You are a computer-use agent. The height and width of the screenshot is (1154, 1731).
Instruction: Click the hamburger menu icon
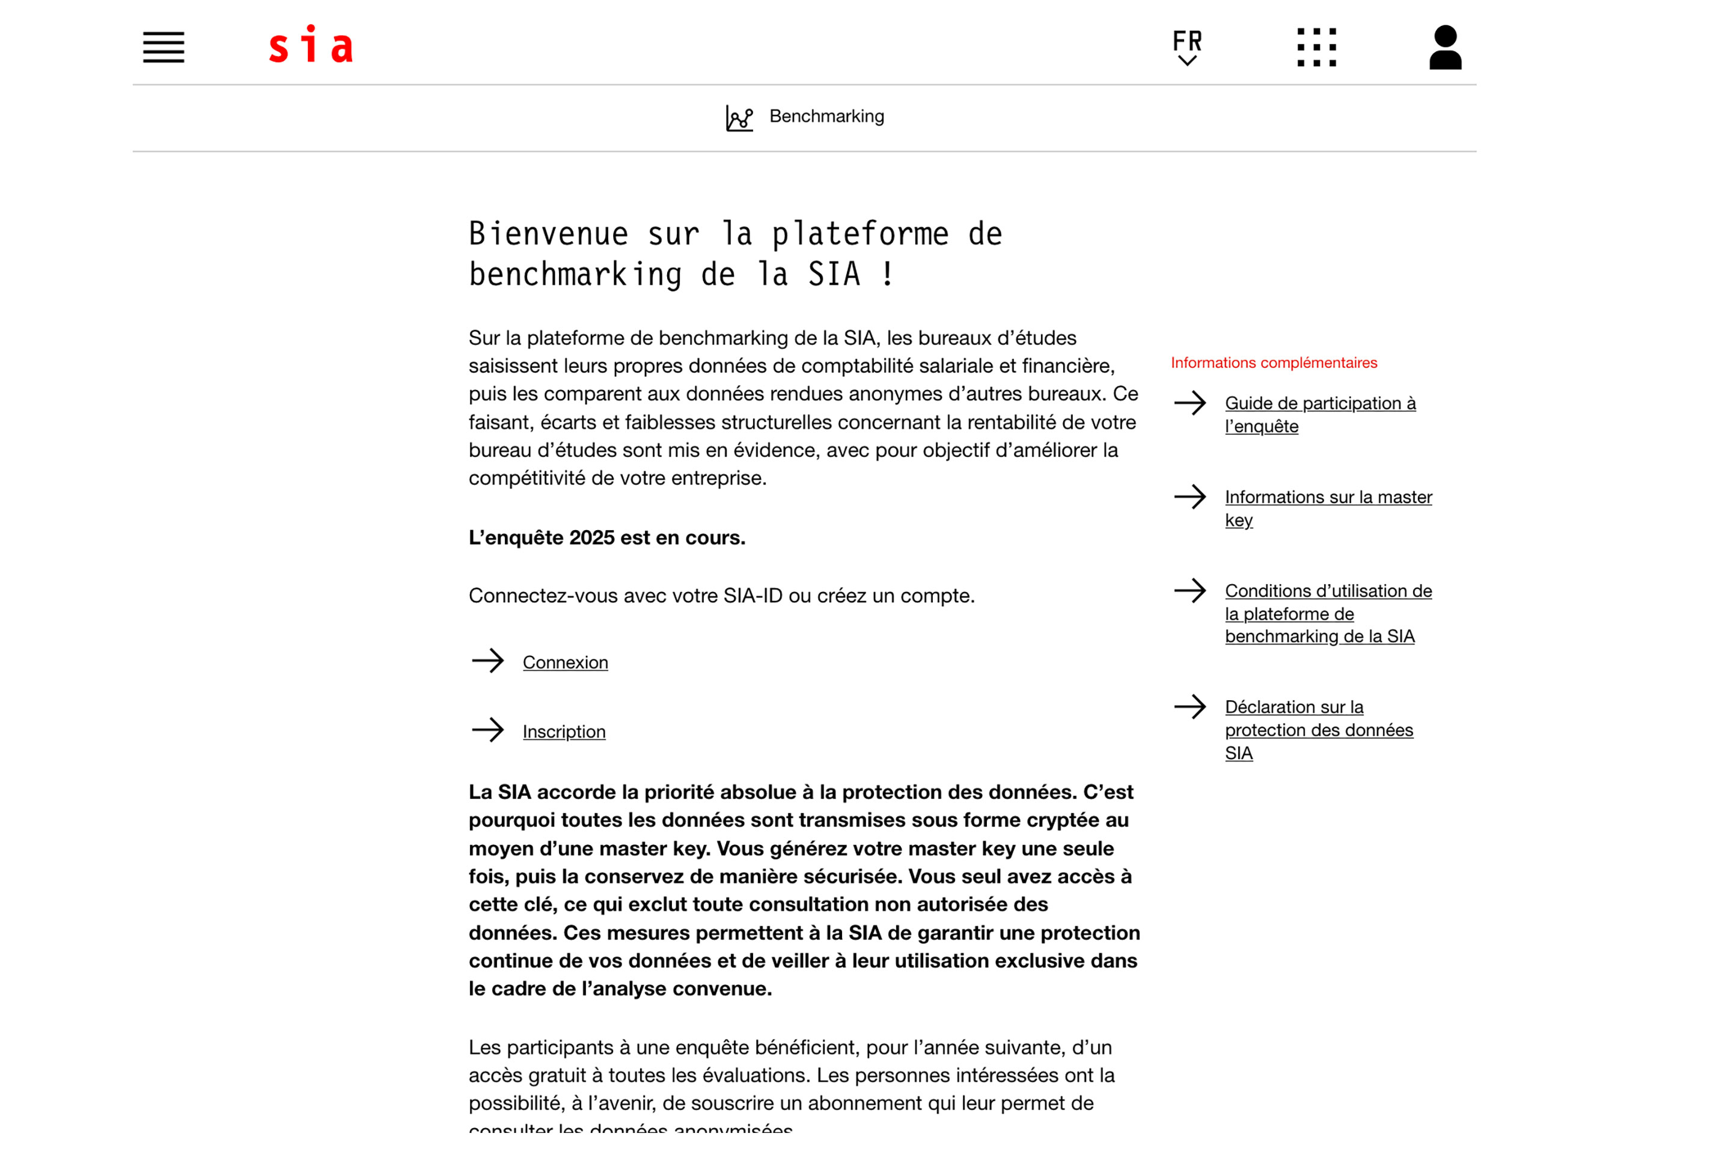[x=163, y=47]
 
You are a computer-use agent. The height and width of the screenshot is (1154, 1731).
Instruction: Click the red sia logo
[x=311, y=45]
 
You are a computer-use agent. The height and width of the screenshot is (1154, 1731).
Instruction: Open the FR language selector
[x=1186, y=47]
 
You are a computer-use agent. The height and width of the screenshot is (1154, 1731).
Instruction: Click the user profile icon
[x=1445, y=47]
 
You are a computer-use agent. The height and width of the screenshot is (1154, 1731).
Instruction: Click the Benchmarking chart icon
[x=739, y=118]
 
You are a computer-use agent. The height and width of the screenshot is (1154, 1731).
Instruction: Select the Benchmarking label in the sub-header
[x=826, y=116]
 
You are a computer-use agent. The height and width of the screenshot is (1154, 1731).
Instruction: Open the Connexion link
[x=565, y=662]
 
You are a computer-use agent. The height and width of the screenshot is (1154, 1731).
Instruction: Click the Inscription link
[x=564, y=731]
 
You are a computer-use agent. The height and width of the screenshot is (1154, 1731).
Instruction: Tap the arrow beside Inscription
[x=488, y=730]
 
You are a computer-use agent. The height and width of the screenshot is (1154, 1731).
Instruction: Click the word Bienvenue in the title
[x=549, y=234]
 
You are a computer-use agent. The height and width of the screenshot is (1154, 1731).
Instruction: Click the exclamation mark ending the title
[x=888, y=275]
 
